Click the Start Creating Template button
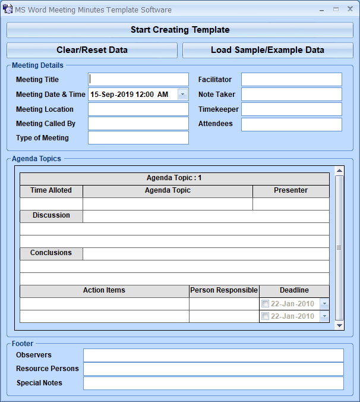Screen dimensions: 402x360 click(x=180, y=30)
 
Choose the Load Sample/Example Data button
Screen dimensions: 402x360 click(x=267, y=50)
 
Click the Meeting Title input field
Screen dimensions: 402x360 click(x=138, y=79)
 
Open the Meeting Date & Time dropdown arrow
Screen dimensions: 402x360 click(x=182, y=94)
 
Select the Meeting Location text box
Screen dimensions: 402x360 click(x=138, y=109)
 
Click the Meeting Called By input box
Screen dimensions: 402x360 click(x=138, y=123)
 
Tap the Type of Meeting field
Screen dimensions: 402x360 click(x=138, y=138)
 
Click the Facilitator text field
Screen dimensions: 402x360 click(x=291, y=79)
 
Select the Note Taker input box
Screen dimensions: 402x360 click(x=291, y=94)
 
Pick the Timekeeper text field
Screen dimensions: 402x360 click(x=291, y=109)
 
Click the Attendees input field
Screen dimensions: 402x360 click(x=291, y=124)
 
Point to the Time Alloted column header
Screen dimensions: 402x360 click(x=51, y=191)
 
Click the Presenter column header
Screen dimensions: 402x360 click(x=290, y=191)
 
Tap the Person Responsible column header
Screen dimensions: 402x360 click(x=224, y=291)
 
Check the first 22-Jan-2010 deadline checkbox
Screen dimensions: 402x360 click(x=266, y=304)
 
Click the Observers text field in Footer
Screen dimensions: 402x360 click(x=213, y=355)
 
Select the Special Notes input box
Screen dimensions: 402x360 click(x=213, y=383)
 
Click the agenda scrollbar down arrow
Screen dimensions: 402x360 click(x=339, y=325)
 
